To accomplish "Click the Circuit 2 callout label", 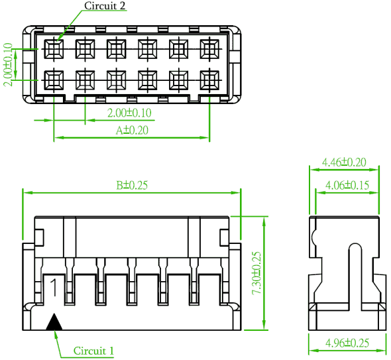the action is click(x=105, y=5).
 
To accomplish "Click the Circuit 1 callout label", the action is click(x=93, y=351).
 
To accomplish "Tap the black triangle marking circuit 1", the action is click(x=54, y=322).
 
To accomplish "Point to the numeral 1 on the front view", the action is click(x=54, y=288).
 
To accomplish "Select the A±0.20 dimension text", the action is click(x=132, y=130).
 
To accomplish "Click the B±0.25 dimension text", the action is click(x=132, y=185).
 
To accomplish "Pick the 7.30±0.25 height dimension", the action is click(x=256, y=273).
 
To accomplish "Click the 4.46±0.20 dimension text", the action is click(x=344, y=162).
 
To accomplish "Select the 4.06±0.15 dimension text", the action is click(x=347, y=185).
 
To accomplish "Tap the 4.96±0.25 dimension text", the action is click(x=347, y=343).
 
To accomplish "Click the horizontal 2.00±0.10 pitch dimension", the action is click(x=129, y=113).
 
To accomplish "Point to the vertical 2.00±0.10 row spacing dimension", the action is click(x=7, y=64).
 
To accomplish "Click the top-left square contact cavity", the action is click(x=54, y=49).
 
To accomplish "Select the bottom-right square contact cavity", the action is click(x=209, y=80).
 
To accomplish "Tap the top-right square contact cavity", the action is click(x=209, y=49).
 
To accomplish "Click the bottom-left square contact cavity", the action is click(x=54, y=80).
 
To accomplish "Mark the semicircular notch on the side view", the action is click(x=313, y=237).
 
